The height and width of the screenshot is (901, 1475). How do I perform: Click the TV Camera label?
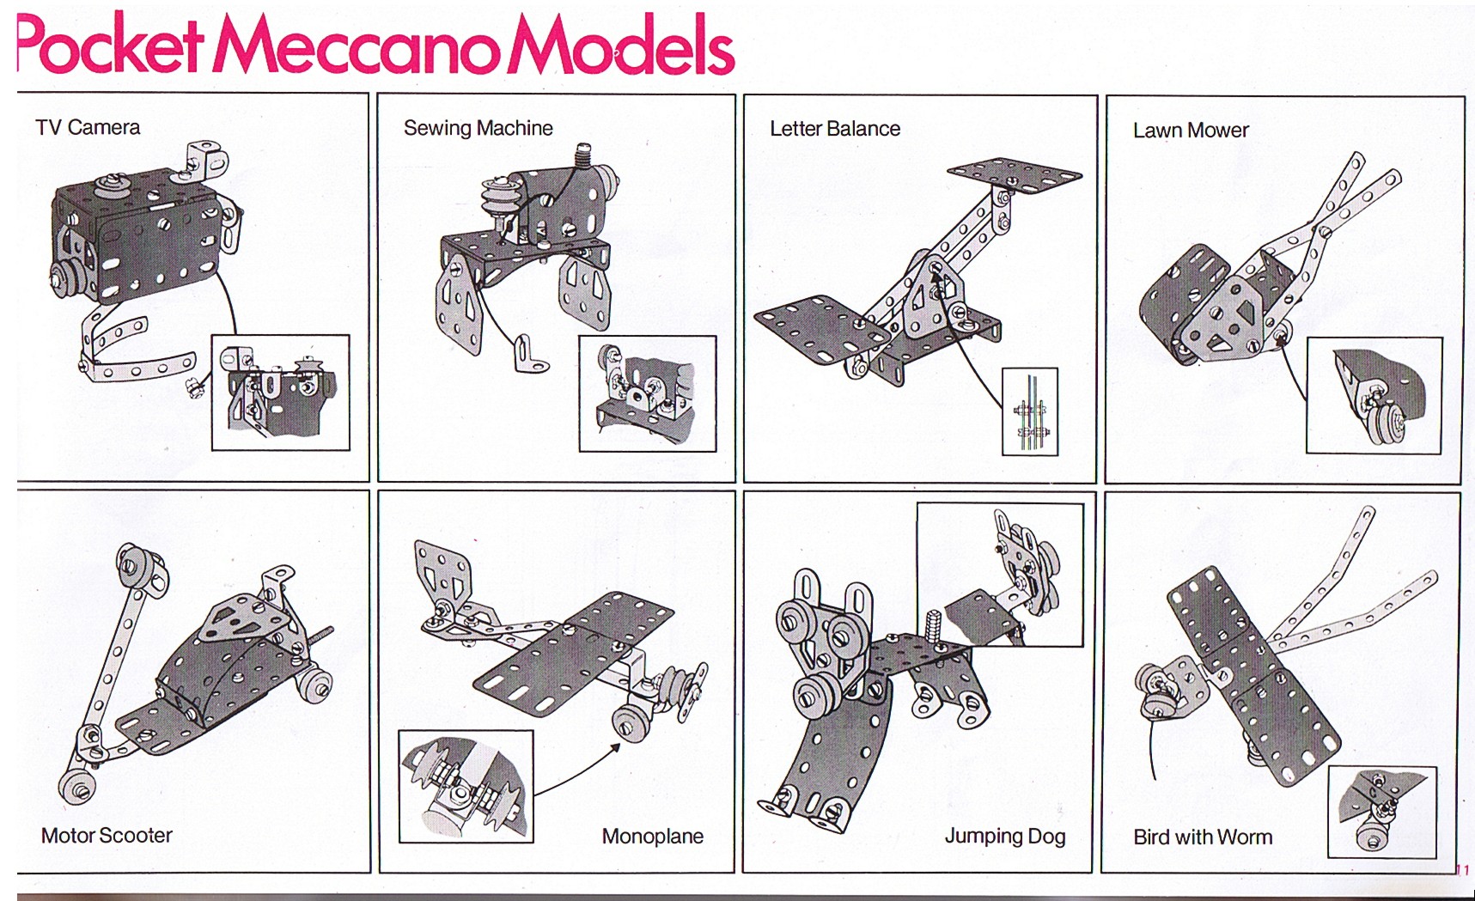coord(88,127)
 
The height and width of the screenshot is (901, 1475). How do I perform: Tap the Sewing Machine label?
coord(478,128)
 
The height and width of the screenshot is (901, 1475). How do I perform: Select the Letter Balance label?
coord(835,129)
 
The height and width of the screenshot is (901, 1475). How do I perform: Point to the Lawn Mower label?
coord(1191,131)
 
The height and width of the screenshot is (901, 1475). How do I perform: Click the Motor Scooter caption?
coord(107,835)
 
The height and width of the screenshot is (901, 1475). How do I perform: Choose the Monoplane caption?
coord(653,836)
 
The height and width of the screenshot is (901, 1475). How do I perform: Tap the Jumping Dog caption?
coord(1005,836)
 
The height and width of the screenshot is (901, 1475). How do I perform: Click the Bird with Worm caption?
coord(1203,837)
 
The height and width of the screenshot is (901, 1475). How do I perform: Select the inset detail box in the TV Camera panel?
coord(281,393)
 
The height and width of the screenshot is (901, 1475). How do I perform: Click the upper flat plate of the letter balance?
coord(1015,176)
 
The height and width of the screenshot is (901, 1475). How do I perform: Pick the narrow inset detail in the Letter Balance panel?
coord(1030,411)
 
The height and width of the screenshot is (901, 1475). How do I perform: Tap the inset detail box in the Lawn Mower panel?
coord(1374,395)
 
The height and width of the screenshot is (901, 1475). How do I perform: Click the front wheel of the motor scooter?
coord(76,787)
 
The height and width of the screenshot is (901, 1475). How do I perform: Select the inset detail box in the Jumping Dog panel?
coord(1000,575)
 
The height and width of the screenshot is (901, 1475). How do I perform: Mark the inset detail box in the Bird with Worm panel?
coord(1381,812)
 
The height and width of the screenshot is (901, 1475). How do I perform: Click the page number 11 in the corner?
coord(1463,870)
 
